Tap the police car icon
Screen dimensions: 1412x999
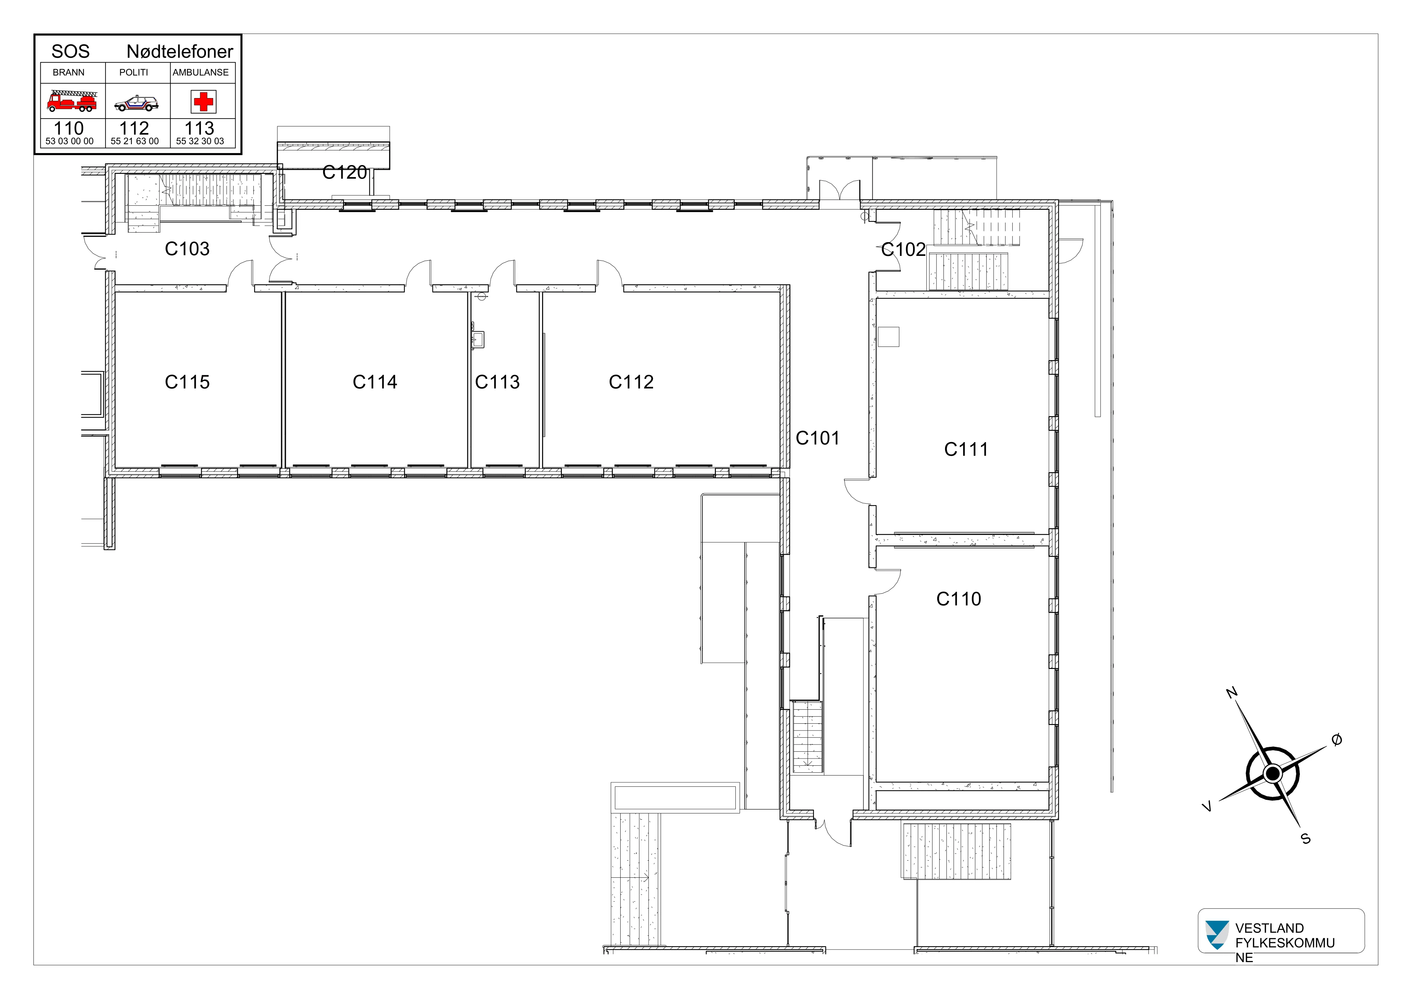click(x=137, y=103)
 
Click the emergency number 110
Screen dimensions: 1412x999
click(x=69, y=128)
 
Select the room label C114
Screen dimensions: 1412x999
click(x=375, y=382)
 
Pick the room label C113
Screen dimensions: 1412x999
click(x=498, y=382)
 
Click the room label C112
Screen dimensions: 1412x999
click(x=632, y=382)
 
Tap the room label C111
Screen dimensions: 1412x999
click(x=966, y=449)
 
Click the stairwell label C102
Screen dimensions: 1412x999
click(x=903, y=249)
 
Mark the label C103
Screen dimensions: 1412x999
click(x=188, y=248)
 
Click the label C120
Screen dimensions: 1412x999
click(x=345, y=172)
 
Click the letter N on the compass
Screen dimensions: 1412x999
click(x=1232, y=693)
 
